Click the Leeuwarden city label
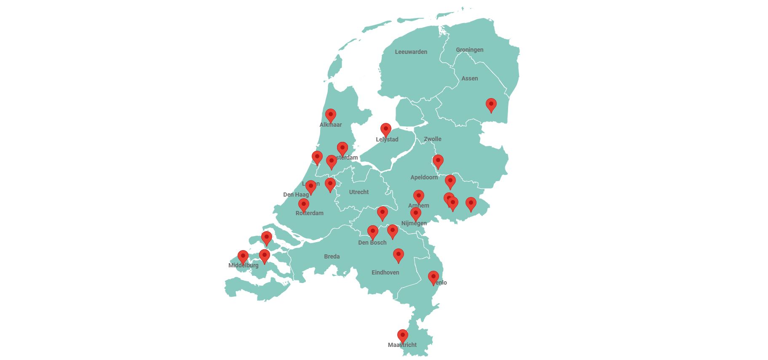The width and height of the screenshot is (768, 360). pyautogui.click(x=411, y=52)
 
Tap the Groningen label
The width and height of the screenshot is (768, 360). pyautogui.click(x=469, y=50)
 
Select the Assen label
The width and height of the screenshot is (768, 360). pyautogui.click(x=469, y=78)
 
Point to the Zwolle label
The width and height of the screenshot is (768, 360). pyautogui.click(x=432, y=139)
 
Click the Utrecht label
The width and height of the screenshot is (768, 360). pyautogui.click(x=359, y=192)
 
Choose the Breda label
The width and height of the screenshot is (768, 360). pyautogui.click(x=332, y=256)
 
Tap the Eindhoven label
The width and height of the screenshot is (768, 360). pyautogui.click(x=385, y=272)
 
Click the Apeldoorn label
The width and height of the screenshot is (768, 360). pyautogui.click(x=424, y=177)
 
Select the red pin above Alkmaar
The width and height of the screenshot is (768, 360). pyautogui.click(x=331, y=115)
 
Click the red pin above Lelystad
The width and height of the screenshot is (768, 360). pyautogui.click(x=386, y=129)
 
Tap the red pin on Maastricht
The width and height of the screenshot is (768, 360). pyautogui.click(x=403, y=336)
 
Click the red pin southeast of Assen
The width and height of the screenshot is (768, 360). pyautogui.click(x=491, y=104)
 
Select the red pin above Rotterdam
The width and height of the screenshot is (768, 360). pyautogui.click(x=304, y=205)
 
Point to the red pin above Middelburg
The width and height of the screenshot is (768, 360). pyautogui.click(x=243, y=256)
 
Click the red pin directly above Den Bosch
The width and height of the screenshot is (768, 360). pyautogui.click(x=373, y=232)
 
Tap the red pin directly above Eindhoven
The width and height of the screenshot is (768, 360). pyautogui.click(x=398, y=255)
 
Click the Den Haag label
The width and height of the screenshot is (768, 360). pyautogui.click(x=296, y=195)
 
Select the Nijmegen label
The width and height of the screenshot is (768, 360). pyautogui.click(x=414, y=223)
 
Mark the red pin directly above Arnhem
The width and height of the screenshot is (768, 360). pyautogui.click(x=418, y=196)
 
